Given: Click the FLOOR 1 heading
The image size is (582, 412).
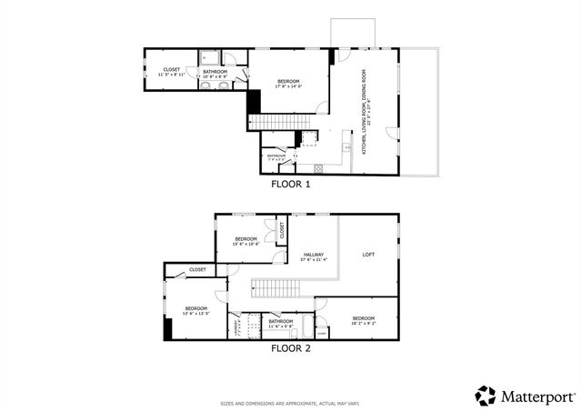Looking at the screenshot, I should [x=291, y=183].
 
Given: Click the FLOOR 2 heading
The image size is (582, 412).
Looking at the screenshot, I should [x=291, y=347].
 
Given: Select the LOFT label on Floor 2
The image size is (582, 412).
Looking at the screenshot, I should [x=368, y=254].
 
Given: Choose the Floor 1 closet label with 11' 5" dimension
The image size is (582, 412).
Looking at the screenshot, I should [x=172, y=71].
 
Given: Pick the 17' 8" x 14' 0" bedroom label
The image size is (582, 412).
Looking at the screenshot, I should [x=289, y=82].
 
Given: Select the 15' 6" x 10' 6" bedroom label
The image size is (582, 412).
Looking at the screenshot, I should [x=246, y=241].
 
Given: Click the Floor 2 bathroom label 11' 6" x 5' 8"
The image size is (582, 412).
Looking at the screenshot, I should [x=281, y=323].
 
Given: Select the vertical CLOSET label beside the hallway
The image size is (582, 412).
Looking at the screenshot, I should [x=282, y=231].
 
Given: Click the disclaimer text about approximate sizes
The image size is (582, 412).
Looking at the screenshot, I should [x=291, y=403].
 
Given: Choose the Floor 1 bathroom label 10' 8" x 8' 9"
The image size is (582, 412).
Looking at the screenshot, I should [x=216, y=73].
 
